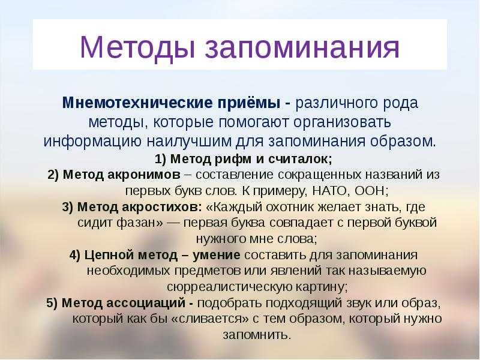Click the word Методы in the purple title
(x=137, y=47)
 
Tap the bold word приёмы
(x=249, y=103)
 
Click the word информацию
(x=92, y=142)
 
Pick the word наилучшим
(x=188, y=142)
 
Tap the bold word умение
(x=217, y=255)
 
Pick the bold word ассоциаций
(x=145, y=303)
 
